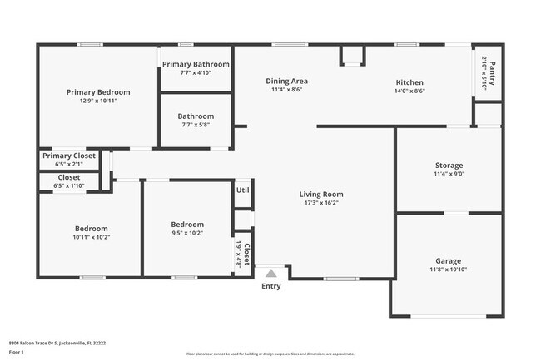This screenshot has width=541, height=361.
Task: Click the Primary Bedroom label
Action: pos(98,91)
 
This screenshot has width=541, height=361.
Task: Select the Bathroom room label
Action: pos(196,116)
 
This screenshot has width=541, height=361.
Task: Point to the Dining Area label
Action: pos(287,82)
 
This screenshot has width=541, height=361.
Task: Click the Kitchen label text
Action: pos(409,82)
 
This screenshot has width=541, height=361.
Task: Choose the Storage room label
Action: pos(449,166)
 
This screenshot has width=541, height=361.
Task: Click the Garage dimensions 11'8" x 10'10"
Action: pos(449,270)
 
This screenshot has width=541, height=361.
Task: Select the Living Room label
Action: pos(321,195)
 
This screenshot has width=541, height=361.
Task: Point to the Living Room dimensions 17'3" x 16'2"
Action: pos(321,203)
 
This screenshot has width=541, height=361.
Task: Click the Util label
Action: pos(242,190)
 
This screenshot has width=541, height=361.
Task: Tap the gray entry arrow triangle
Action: pos(270,273)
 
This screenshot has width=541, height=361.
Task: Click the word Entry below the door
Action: pos(271,287)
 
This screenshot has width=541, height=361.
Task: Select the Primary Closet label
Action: pos(69,156)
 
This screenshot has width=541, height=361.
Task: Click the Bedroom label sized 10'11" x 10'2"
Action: pos(91,229)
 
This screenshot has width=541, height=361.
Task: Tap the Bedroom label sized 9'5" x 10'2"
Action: pos(187,225)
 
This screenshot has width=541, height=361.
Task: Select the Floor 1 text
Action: pos(17,352)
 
